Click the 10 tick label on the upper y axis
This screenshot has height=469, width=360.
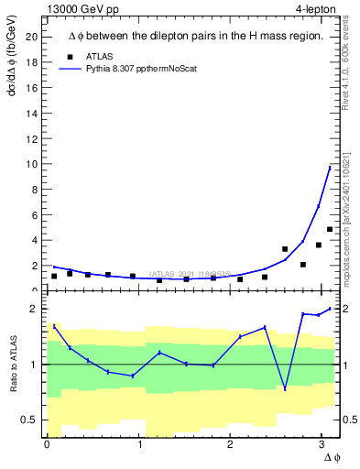[x=33, y=164]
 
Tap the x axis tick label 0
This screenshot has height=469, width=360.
[x=46, y=444]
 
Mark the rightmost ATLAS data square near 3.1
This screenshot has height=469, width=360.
[x=330, y=229]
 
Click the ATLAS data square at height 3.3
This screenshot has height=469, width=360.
[x=285, y=249]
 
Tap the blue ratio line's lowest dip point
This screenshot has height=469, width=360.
[x=285, y=389]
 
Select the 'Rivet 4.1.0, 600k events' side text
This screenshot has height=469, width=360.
[x=349, y=60]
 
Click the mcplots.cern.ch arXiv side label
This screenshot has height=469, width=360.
[x=349, y=211]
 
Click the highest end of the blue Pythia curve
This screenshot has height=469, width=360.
[x=330, y=167]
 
